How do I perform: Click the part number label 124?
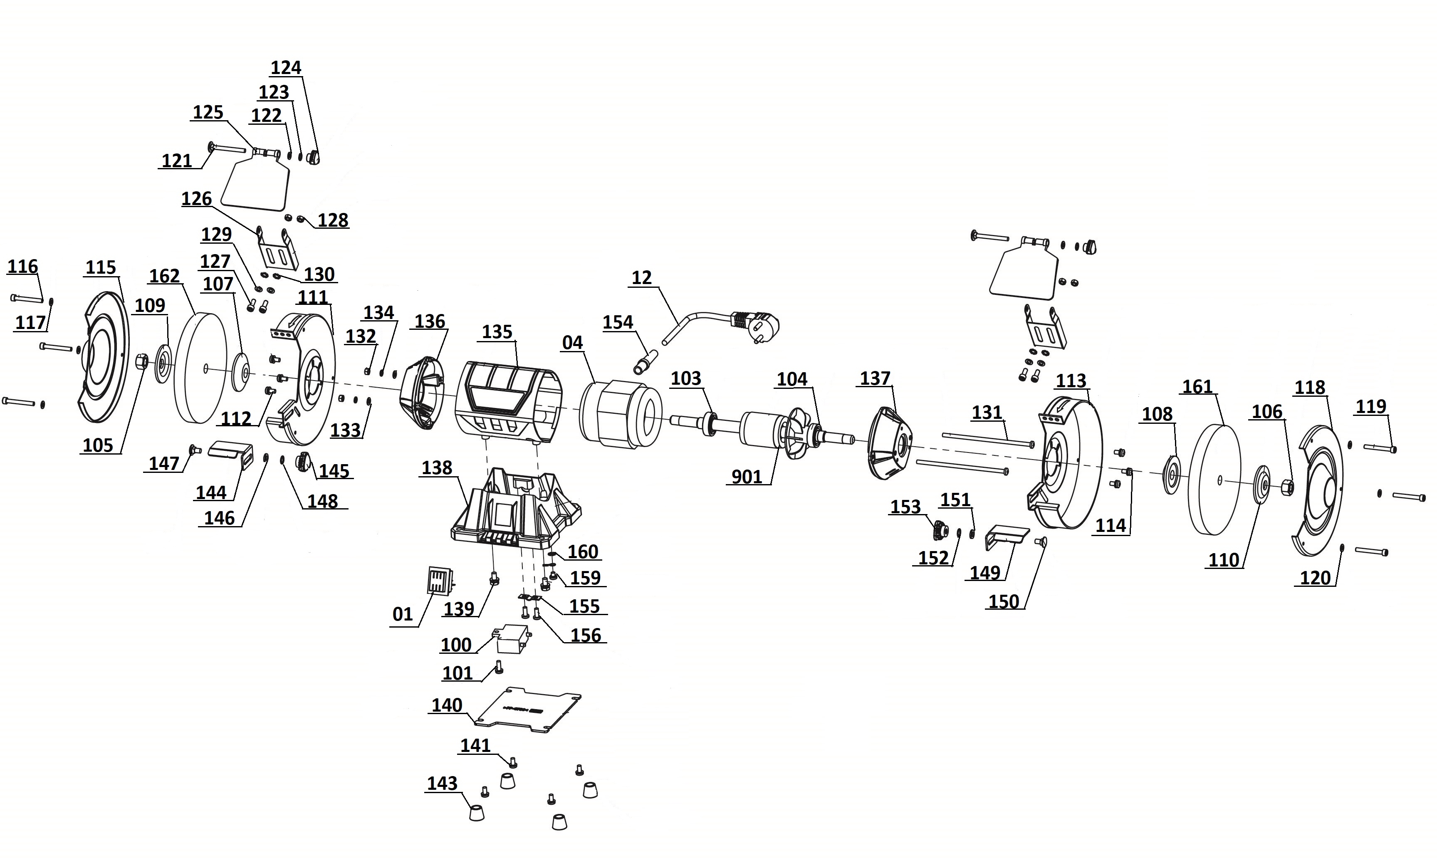(x=286, y=68)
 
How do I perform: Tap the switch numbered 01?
(x=439, y=579)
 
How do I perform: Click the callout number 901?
(x=747, y=477)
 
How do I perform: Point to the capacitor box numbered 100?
(x=510, y=638)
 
